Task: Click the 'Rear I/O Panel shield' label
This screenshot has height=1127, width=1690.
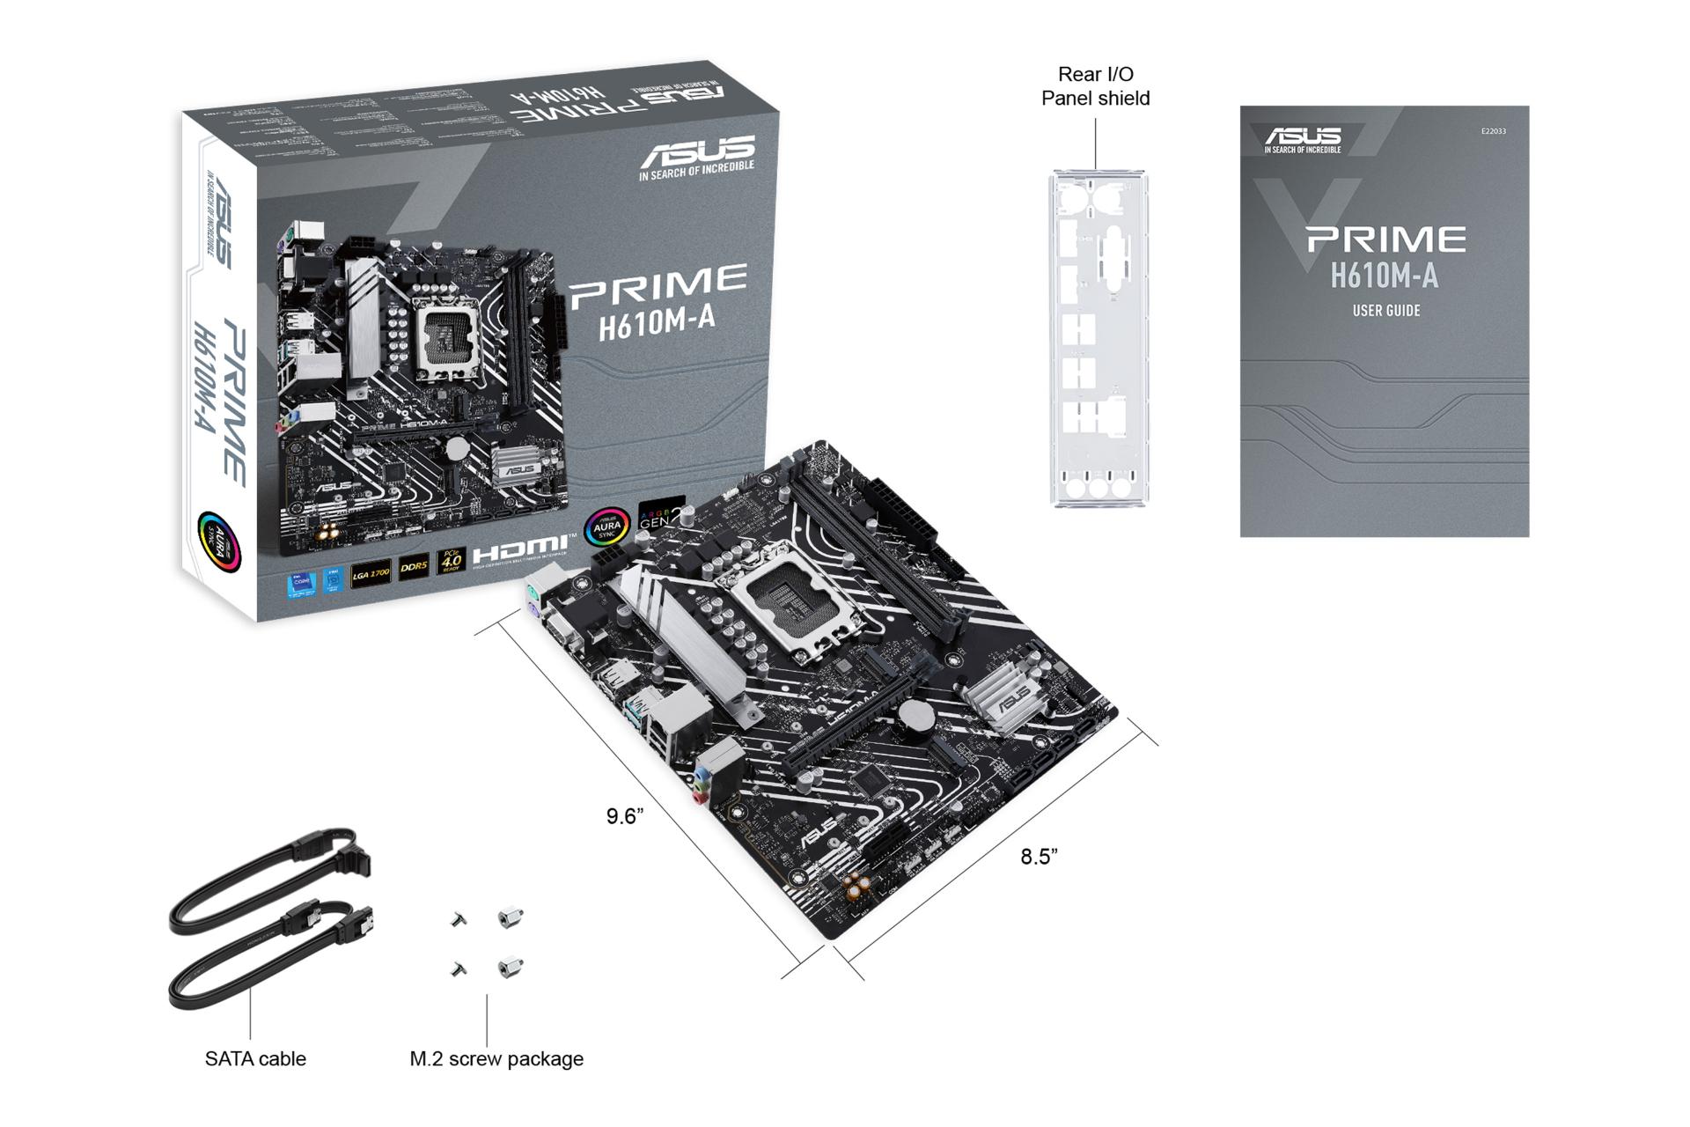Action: coord(1095,86)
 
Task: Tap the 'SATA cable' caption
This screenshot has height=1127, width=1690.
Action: coord(255,1058)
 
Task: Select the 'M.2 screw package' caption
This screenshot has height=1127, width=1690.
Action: coord(496,1058)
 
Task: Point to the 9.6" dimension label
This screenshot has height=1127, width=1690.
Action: coord(625,816)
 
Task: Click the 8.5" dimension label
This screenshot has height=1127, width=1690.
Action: coord(1039,857)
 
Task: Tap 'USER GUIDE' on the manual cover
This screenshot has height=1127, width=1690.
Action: coord(1385,311)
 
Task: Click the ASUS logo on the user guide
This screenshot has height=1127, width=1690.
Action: coord(1303,137)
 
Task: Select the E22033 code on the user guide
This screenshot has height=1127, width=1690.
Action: coord(1493,131)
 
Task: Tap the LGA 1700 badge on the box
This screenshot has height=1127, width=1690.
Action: coord(371,574)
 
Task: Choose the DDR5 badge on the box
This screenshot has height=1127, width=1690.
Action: coord(414,568)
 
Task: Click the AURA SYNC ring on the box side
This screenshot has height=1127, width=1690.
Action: coord(217,540)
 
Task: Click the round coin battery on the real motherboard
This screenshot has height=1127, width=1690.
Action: coord(915,718)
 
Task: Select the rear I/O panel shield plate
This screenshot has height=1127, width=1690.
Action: coord(1098,339)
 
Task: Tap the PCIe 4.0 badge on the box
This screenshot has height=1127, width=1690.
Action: coord(451,561)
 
